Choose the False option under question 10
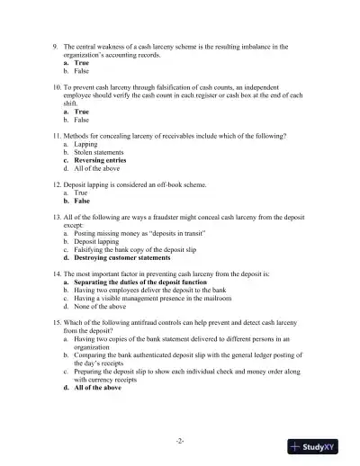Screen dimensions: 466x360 (x=81, y=119)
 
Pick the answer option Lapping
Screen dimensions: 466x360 (x=86, y=143)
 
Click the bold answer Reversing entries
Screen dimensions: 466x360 (x=103, y=159)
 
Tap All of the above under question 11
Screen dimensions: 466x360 (x=98, y=167)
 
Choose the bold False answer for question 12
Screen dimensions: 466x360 (x=83, y=201)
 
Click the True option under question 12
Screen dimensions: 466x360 (x=81, y=193)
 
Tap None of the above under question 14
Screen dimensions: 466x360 (x=100, y=306)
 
